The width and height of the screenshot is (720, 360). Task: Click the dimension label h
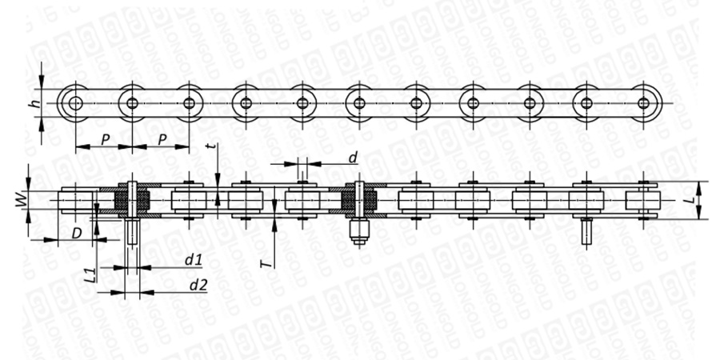34,104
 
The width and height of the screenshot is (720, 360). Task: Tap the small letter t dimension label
210,146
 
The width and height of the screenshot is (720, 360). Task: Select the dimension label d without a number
352,158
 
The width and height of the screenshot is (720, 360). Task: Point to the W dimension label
21,200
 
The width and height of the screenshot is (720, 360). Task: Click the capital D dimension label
77,234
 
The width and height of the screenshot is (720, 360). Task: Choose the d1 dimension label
194,260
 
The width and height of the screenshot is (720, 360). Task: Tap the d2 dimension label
198,285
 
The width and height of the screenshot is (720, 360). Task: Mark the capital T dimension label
266,264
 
